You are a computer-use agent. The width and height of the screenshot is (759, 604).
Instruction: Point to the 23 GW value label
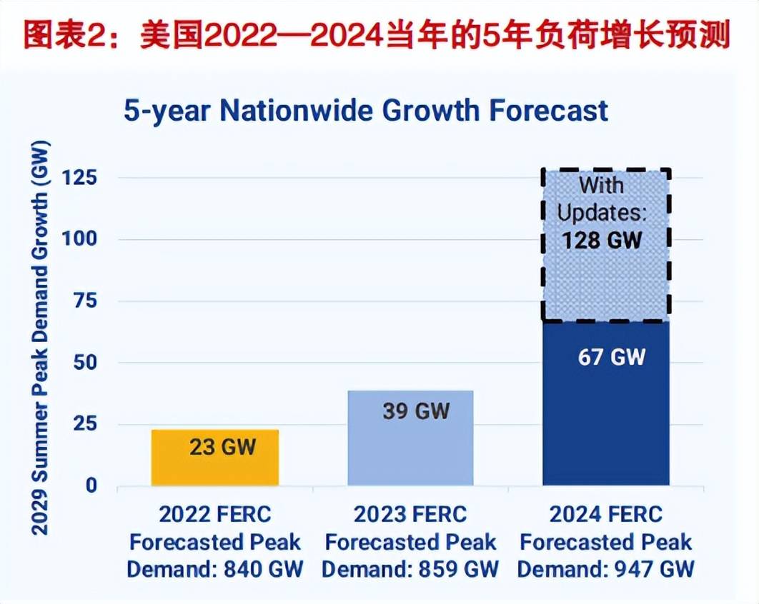coord(222,448)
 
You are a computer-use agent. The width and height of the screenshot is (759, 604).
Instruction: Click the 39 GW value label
coord(415,411)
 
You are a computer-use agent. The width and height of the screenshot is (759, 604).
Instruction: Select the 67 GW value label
coord(611,356)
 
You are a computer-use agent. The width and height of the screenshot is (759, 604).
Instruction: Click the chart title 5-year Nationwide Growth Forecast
coord(366,111)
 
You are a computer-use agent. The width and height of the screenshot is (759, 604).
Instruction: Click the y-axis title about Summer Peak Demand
coord(41,335)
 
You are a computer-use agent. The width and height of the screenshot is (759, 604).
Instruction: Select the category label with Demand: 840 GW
coord(215,542)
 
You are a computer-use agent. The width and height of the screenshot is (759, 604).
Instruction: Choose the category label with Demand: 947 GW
coord(606,542)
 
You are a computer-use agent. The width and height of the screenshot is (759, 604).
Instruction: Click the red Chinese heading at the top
coord(379,34)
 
